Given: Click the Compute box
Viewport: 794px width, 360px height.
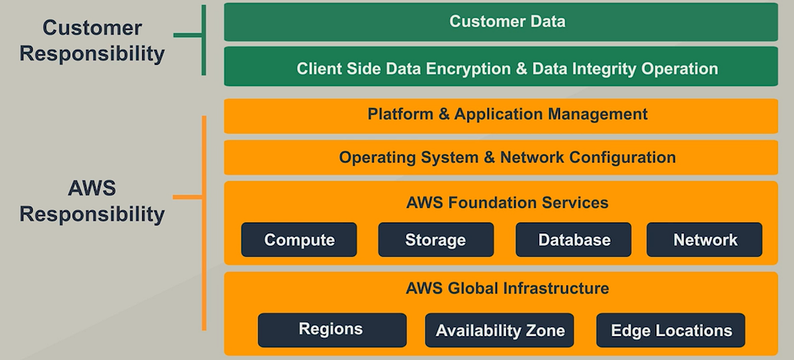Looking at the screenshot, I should pos(299,240).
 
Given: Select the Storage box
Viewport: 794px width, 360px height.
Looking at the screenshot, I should pos(435,240).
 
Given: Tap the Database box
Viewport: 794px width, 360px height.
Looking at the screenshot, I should pos(574,240).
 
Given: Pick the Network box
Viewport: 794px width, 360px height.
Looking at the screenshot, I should pos(705,240).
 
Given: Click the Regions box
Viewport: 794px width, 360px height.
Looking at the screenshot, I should pos(331,330).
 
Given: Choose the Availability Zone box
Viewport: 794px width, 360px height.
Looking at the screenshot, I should pos(500,330).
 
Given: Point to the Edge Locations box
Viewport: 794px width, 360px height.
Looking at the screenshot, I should pos(670,330).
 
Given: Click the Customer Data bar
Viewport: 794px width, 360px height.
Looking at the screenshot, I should pos(501,21).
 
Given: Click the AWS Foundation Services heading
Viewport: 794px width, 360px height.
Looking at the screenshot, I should pos(507,202).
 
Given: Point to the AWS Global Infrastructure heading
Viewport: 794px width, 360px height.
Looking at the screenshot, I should pos(507,289).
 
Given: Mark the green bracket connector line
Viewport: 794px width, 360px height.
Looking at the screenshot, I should pos(189,36).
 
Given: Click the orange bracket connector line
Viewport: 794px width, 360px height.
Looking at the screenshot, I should pos(189,197).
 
